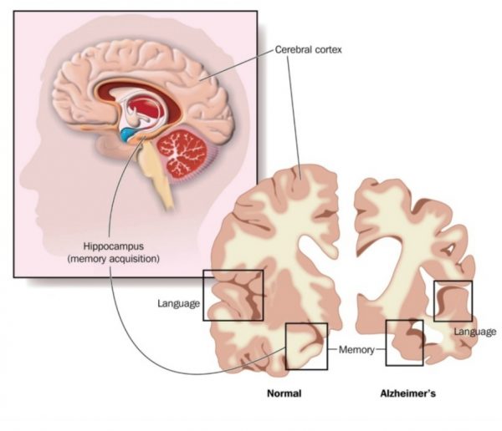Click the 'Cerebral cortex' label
(309, 49)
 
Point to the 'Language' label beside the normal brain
(177, 302)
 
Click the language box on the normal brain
(233, 295)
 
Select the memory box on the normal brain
(306, 346)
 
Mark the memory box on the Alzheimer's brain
(404, 342)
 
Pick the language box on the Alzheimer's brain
(453, 301)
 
